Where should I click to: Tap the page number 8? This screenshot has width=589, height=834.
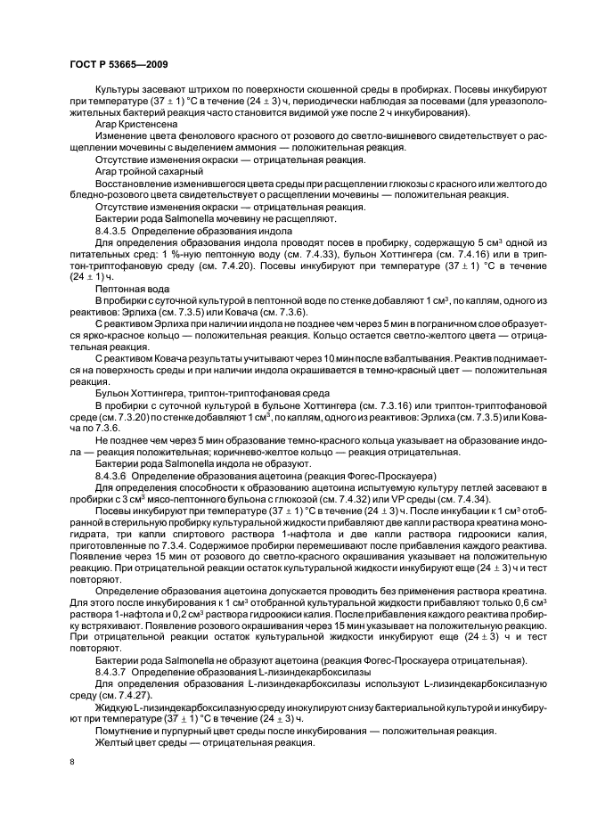click(71, 764)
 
